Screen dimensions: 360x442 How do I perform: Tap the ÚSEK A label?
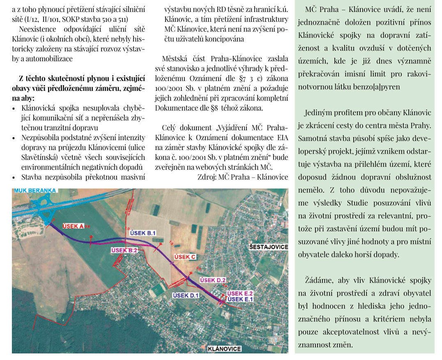coord(73,226)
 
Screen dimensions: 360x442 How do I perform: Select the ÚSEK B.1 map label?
coord(143,233)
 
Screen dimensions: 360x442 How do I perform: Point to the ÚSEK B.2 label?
coord(124,250)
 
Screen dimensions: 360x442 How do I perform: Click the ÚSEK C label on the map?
coord(185,257)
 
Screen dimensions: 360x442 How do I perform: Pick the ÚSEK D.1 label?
coord(186,295)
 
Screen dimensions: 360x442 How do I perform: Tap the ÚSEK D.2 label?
coord(213,280)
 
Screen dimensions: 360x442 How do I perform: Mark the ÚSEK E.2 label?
coord(239,293)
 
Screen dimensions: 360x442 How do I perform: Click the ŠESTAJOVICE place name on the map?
coord(269,247)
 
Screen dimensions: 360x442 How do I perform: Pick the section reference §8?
coord(216,108)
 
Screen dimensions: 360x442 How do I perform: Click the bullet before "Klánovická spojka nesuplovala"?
coord(14,108)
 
